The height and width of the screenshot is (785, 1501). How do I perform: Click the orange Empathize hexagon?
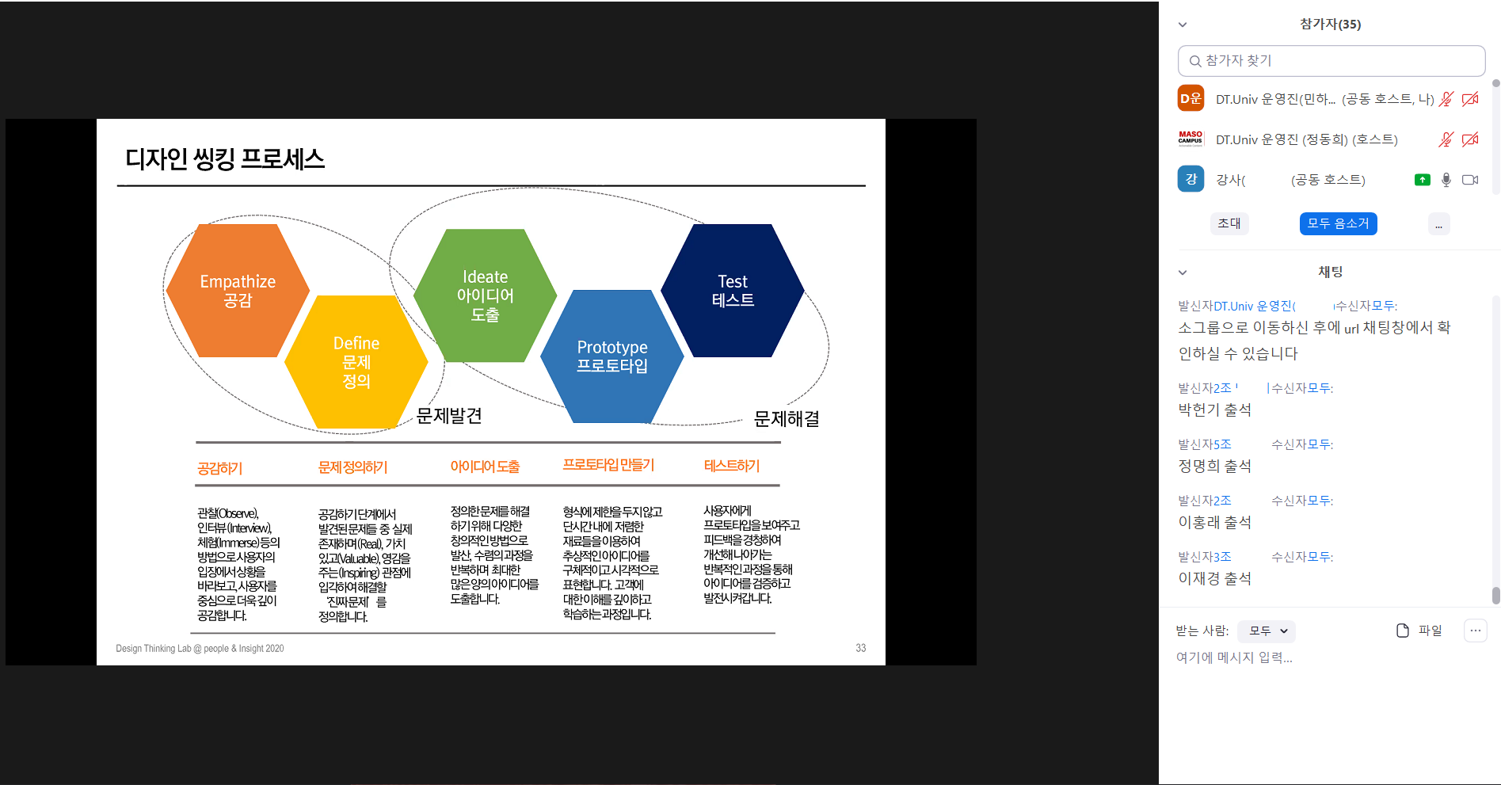pyautogui.click(x=238, y=291)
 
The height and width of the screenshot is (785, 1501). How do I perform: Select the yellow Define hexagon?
pyautogui.click(x=356, y=362)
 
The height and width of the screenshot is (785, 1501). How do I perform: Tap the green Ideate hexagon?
pyautogui.click(x=486, y=295)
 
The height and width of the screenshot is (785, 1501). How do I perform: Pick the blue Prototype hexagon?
pyautogui.click(x=612, y=356)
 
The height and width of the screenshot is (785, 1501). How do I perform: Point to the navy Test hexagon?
pyautogui.click(x=733, y=291)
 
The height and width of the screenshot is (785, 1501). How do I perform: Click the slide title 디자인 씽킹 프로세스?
pyautogui.click(x=225, y=159)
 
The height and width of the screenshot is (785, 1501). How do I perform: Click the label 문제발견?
pyautogui.click(x=449, y=416)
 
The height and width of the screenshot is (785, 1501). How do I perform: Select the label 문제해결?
pyautogui.click(x=787, y=419)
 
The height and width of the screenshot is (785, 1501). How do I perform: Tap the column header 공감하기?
pyautogui.click(x=220, y=468)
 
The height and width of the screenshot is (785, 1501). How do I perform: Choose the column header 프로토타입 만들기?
pyautogui.click(x=608, y=465)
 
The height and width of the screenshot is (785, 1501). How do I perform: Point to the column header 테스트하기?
pyautogui.click(x=732, y=466)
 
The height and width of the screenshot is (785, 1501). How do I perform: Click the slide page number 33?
pyautogui.click(x=861, y=648)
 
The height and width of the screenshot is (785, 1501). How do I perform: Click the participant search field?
pyautogui.click(x=1331, y=61)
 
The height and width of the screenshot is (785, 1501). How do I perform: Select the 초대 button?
pyautogui.click(x=1229, y=224)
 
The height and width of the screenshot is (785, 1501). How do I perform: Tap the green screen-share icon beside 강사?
pyautogui.click(x=1423, y=180)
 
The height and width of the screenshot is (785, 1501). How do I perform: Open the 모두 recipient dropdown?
pyautogui.click(x=1267, y=631)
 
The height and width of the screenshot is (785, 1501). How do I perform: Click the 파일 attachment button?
pyautogui.click(x=1419, y=631)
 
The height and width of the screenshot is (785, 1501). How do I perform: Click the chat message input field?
pyautogui.click(x=1331, y=657)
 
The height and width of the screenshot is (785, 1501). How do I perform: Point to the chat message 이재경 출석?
pyautogui.click(x=1215, y=578)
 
